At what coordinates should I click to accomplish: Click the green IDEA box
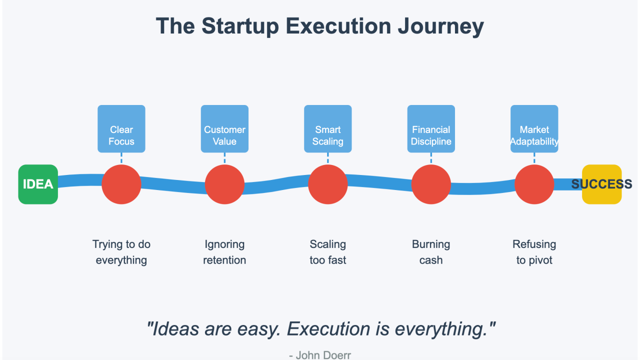pos(38,184)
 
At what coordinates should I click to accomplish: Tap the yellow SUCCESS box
pos(601,184)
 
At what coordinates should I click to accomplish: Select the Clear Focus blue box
pos(121,129)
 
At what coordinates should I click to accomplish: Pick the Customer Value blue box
pos(224,129)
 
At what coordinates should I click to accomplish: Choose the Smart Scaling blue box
pos(327,129)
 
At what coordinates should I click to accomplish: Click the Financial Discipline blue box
pos(431,129)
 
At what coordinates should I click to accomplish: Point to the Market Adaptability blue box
pos(534,129)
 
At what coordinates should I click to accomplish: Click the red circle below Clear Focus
pos(121,184)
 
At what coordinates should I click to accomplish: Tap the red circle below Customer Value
pos(224,184)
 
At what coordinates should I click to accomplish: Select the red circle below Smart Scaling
pos(327,184)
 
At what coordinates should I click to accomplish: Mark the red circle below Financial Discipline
pos(431,184)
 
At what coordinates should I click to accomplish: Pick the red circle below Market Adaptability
pos(534,184)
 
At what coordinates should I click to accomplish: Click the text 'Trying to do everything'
pos(121,252)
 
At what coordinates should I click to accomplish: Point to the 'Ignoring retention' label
pos(224,252)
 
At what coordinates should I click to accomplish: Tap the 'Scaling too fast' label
pos(327,252)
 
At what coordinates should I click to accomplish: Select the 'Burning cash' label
pos(431,252)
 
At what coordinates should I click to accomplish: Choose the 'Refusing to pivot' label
pos(534,252)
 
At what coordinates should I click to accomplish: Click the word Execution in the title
pos(339,26)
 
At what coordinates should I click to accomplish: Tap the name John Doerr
pos(323,355)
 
